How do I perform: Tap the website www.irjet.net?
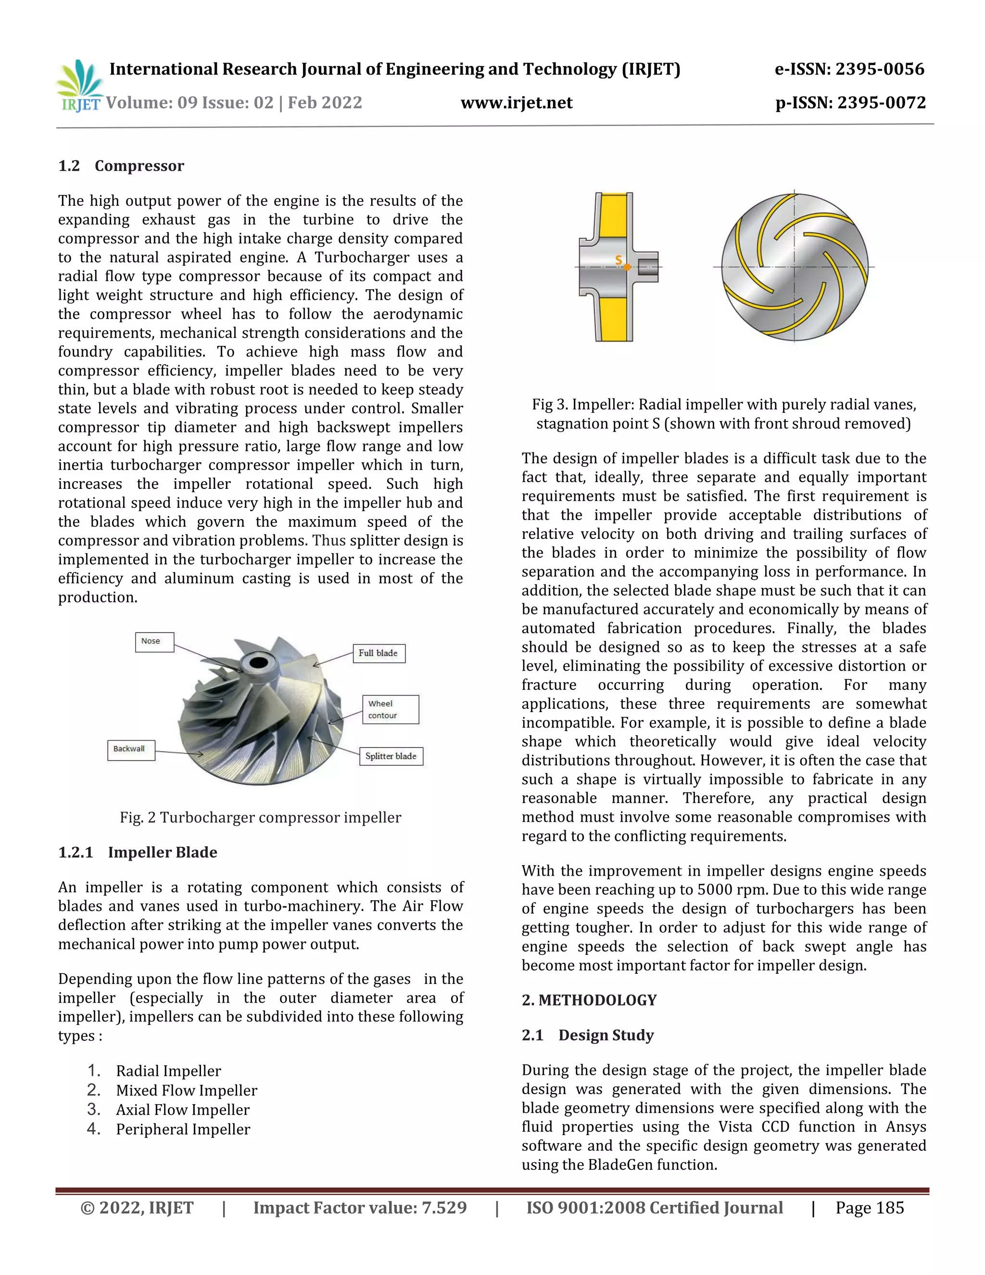coord(517,103)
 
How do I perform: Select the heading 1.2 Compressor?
coord(121,166)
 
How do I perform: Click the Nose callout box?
coord(154,641)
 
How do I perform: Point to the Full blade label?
coord(378,653)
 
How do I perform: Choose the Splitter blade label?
coord(391,756)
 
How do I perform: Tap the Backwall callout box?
coord(131,750)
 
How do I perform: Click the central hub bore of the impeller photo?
coord(257,663)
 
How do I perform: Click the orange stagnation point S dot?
coord(627,268)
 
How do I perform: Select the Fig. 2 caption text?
coord(260,817)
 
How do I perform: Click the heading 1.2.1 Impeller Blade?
coord(138,853)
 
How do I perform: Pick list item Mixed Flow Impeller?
coord(186,1091)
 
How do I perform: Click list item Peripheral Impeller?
coord(183,1129)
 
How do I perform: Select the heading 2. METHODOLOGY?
coord(589,1000)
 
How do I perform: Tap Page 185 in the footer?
coord(870,1208)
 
